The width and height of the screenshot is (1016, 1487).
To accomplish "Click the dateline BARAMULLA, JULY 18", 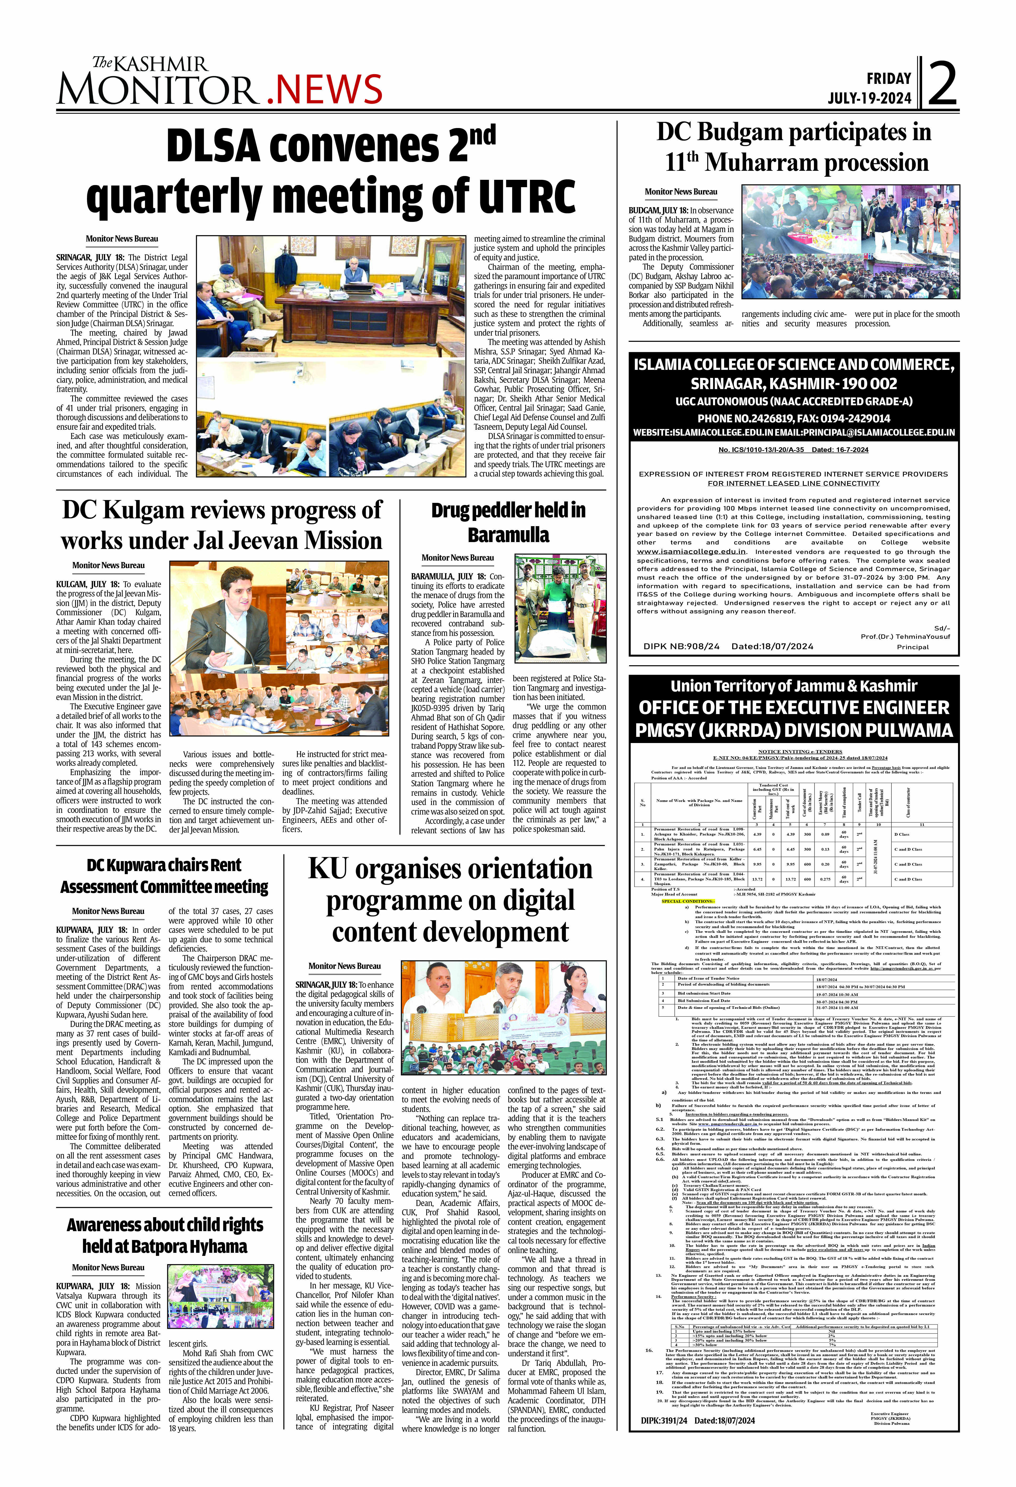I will pyautogui.click(x=448, y=576).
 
